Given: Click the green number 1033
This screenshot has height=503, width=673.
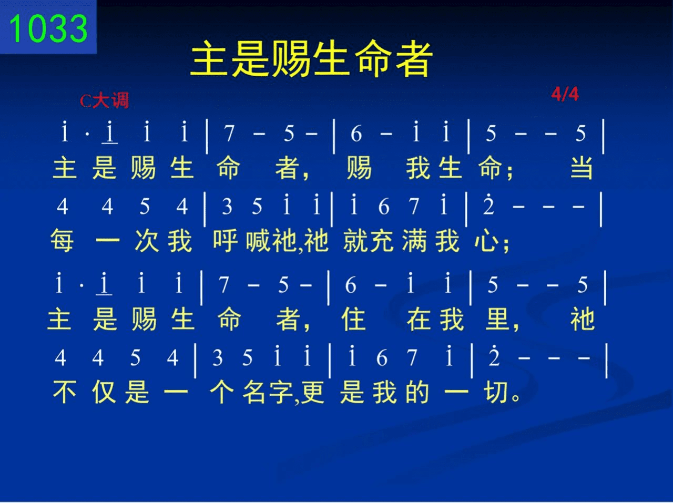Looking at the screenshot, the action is [x=48, y=29].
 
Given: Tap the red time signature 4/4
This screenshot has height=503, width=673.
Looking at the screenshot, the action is [x=565, y=94].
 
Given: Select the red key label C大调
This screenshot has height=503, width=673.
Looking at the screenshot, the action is [x=104, y=100].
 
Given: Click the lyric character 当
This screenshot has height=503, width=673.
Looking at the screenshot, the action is [x=582, y=168].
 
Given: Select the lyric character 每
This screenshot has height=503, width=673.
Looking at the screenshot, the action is [x=62, y=240].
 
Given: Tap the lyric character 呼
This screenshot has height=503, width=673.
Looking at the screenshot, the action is [x=226, y=240].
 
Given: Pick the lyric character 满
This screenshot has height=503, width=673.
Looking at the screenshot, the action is [x=414, y=240].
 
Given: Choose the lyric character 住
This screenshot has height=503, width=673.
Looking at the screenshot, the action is [x=353, y=319].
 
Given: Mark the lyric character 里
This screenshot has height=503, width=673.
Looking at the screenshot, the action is [x=497, y=319].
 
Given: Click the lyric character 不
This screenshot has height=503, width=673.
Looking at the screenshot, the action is [x=64, y=392].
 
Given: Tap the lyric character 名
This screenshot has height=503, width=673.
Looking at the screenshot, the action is [x=254, y=392].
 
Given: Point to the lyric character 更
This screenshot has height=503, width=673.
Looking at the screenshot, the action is [x=312, y=392].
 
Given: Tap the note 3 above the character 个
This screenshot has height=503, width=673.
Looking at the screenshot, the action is [x=217, y=357].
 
